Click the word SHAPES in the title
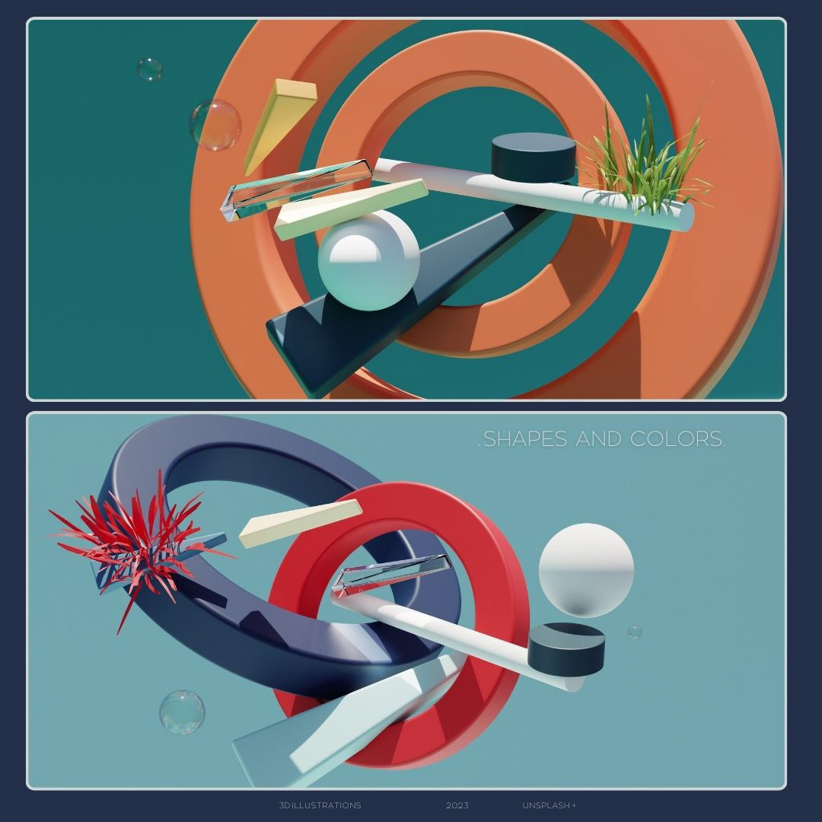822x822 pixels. pyautogui.click(x=524, y=439)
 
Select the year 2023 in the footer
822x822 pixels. pyautogui.click(x=457, y=805)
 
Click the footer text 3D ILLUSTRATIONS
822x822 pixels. pyautogui.click(x=320, y=805)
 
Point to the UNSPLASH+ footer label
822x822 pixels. pyautogui.click(x=550, y=805)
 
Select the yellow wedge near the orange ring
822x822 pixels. pyautogui.click(x=279, y=126)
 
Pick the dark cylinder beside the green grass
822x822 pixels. pyautogui.click(x=533, y=158)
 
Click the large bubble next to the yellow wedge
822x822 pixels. pyautogui.click(x=215, y=126)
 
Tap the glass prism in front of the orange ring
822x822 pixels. pyautogui.click(x=296, y=190)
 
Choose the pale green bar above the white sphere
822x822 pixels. pyautogui.click(x=351, y=209)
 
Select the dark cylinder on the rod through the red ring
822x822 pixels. pyautogui.click(x=566, y=649)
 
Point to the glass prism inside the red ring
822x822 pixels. pyautogui.click(x=391, y=575)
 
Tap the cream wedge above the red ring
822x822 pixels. pyautogui.click(x=300, y=523)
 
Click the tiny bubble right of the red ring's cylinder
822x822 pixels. pyautogui.click(x=634, y=632)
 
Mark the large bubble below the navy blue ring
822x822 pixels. pyautogui.click(x=182, y=712)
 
